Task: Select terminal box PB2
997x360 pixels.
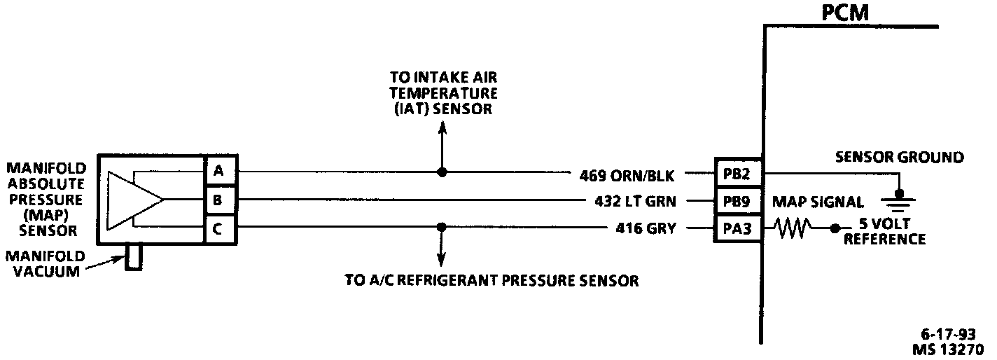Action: tap(737, 172)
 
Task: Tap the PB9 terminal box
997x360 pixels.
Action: tap(737, 201)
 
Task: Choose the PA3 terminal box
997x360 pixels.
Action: tap(737, 228)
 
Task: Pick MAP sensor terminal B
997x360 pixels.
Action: tap(218, 200)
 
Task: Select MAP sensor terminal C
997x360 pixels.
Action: tap(218, 228)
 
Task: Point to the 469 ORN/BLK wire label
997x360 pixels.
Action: tap(627, 174)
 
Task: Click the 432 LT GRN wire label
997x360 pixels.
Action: tap(634, 202)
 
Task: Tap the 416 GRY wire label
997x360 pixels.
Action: tap(645, 228)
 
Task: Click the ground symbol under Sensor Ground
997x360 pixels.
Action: tap(900, 201)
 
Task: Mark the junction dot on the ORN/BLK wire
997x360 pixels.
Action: tap(441, 172)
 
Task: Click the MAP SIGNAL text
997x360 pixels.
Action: tap(818, 202)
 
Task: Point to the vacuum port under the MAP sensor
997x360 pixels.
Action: tap(133, 257)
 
